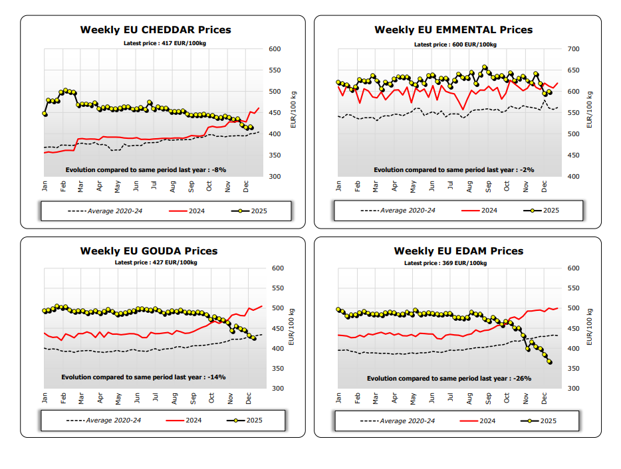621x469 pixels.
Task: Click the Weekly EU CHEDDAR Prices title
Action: pos(156,30)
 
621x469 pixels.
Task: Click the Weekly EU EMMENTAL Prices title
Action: pos(453,30)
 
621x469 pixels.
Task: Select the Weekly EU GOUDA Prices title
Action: pos(149,251)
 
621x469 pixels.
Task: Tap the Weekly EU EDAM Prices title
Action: pos(459,251)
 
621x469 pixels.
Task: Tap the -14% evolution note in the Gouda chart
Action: pos(143,377)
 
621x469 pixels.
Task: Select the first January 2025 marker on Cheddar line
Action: pos(45,114)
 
